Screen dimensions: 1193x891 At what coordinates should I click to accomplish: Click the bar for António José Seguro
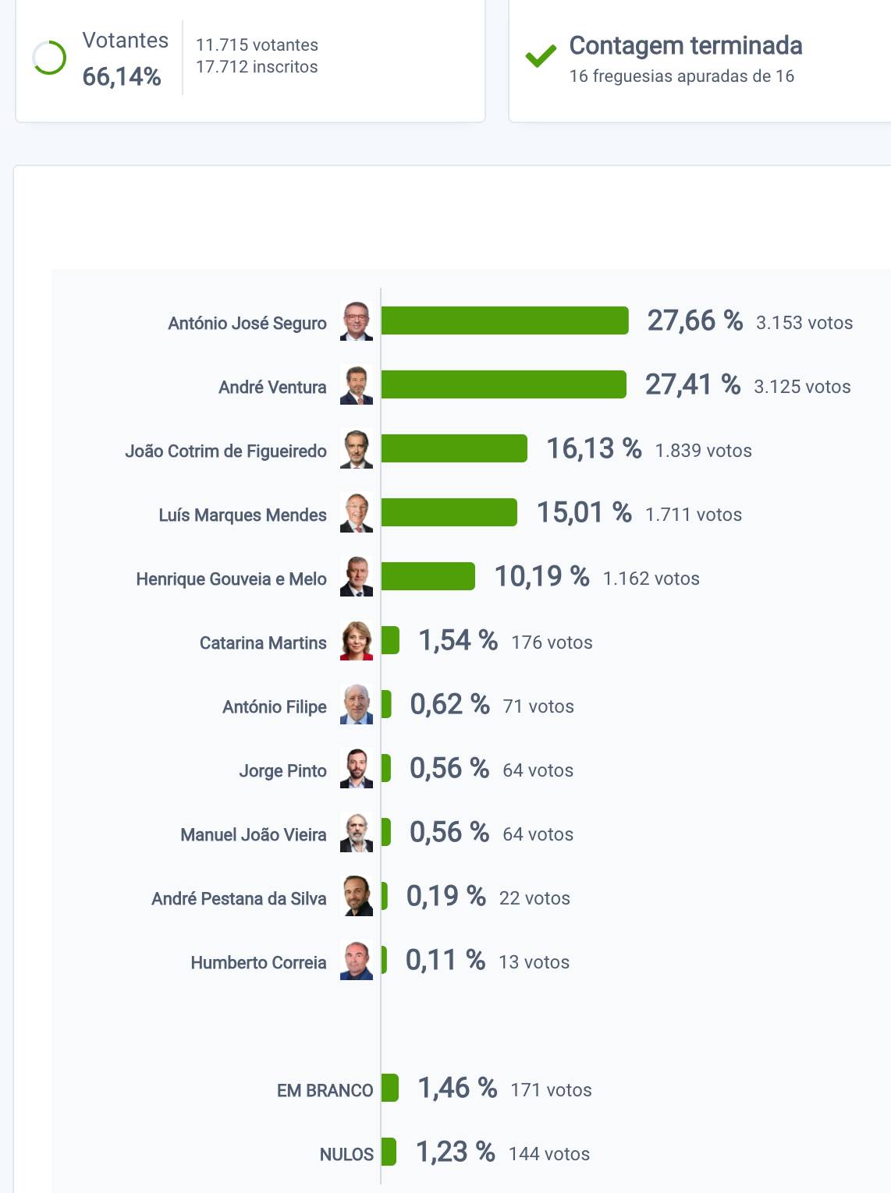coord(504,320)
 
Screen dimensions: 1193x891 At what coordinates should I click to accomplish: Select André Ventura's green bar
coord(503,384)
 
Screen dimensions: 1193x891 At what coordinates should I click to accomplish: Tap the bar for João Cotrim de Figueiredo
coord(454,448)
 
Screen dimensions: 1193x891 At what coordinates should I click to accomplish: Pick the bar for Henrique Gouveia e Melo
coord(428,576)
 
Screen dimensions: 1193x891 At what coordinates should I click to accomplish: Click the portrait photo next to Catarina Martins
coord(357,641)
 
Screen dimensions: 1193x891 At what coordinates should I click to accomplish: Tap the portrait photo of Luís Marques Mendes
coord(357,513)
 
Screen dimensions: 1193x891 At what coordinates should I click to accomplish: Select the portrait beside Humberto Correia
coord(357,961)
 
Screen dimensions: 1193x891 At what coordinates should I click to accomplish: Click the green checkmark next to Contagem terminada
coord(541,55)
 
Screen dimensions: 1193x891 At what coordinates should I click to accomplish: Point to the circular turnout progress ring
coord(49,58)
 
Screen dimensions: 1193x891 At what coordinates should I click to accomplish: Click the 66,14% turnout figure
coord(122,76)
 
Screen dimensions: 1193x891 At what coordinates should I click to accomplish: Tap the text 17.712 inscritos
coord(257,67)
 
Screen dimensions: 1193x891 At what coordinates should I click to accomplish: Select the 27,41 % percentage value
coord(692,384)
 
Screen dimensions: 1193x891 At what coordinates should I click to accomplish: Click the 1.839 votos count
coord(703,451)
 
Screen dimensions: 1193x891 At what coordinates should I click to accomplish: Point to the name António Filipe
coord(274,707)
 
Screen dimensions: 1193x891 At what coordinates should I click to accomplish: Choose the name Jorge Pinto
coord(282,771)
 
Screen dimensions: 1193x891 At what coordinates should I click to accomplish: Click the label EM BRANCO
coord(325,1091)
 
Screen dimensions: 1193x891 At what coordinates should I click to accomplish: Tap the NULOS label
coord(346,1155)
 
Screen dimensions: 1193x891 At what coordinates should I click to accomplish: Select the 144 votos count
coord(548,1154)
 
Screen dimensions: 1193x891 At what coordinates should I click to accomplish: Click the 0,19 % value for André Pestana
coord(445,897)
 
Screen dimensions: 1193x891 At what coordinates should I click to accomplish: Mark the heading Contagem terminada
coord(685,45)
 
